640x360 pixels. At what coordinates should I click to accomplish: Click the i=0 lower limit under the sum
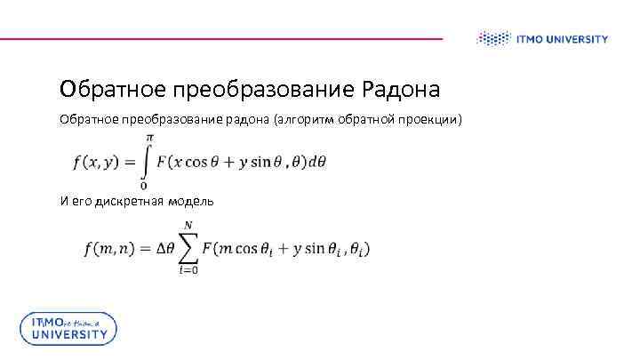188,270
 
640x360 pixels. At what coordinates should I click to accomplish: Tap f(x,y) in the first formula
95,161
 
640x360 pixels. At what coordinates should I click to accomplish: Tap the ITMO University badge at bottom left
68,328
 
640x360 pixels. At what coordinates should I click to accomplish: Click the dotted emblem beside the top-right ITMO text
490,39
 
